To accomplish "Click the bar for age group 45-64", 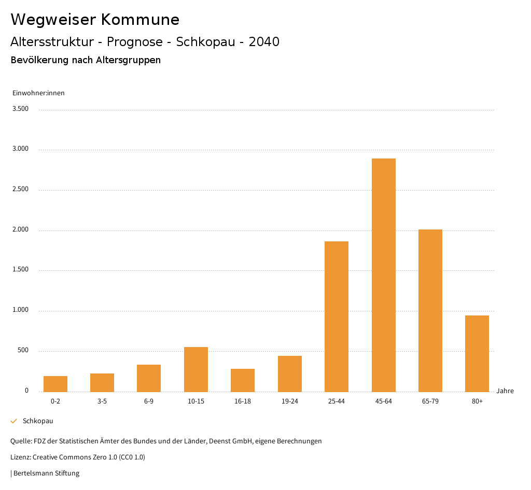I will click(x=383, y=275).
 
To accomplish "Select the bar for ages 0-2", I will click(x=55, y=384).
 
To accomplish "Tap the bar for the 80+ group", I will click(x=477, y=353).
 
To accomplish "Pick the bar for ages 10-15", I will click(x=196, y=369).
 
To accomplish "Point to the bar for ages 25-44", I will click(x=337, y=316).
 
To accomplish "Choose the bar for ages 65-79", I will click(x=430, y=311).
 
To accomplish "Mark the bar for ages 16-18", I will click(x=243, y=380).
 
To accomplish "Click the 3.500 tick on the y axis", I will click(x=20, y=109).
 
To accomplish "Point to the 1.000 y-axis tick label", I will click(x=20, y=310).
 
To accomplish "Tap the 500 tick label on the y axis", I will click(x=23, y=351).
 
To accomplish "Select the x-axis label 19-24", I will click(x=290, y=401).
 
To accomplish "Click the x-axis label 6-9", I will click(x=149, y=401).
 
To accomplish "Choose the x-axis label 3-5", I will click(x=102, y=401).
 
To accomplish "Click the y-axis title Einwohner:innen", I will click(x=38, y=93).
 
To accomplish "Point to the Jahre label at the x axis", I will click(x=505, y=391).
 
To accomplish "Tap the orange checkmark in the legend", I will click(x=14, y=421).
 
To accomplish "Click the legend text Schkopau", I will click(x=38, y=421).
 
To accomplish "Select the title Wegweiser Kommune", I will click(x=95, y=20).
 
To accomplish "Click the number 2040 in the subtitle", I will click(x=264, y=42).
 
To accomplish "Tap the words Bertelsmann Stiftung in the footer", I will click(x=46, y=473).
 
